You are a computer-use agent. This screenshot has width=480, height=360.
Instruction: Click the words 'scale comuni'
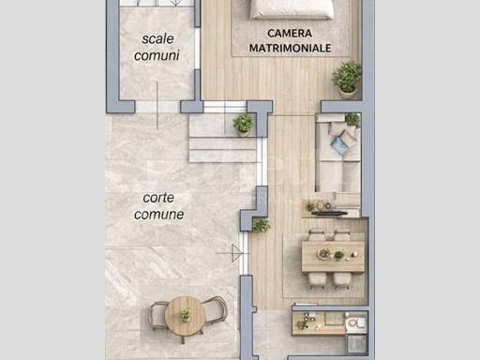point(157,47)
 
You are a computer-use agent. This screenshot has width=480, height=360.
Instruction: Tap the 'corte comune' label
point(158,206)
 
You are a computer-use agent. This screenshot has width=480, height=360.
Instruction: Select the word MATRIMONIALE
point(290,48)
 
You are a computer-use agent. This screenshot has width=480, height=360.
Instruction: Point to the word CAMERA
point(290,33)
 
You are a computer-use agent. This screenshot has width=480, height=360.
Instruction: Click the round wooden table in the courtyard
point(185,316)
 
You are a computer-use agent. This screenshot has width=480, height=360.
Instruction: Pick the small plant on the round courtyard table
point(185,315)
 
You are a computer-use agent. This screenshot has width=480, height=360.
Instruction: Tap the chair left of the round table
point(157,316)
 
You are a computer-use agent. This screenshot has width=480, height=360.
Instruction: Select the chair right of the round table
point(215,310)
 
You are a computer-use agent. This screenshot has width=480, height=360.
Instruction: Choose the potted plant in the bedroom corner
point(347,80)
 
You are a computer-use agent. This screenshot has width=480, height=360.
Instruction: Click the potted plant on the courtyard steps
point(243,125)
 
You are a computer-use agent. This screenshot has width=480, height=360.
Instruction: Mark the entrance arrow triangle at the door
point(236,253)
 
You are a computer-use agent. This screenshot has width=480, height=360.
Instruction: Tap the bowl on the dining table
point(323,253)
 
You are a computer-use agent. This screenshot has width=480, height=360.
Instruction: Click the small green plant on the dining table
point(338,255)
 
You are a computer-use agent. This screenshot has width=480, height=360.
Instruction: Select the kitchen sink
point(357,323)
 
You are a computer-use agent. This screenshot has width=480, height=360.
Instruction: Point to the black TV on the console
point(329,214)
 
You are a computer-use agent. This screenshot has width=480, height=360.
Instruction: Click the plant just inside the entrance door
point(262,226)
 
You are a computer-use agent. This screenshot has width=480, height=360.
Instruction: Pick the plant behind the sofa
point(352,120)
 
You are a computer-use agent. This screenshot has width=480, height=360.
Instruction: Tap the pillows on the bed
point(292,8)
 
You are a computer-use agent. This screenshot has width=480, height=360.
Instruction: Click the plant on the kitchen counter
point(302,324)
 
